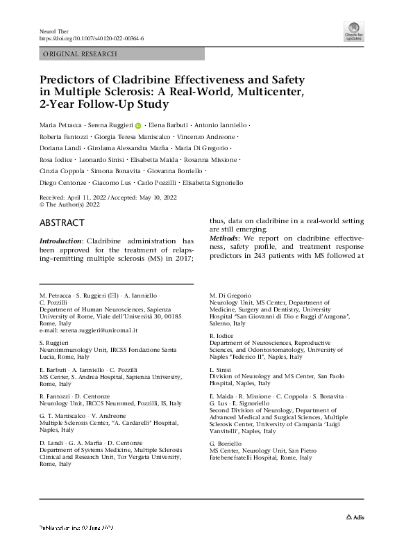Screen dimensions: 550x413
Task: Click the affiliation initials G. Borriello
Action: [226, 442]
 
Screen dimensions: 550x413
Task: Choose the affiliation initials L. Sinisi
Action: [220, 369]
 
